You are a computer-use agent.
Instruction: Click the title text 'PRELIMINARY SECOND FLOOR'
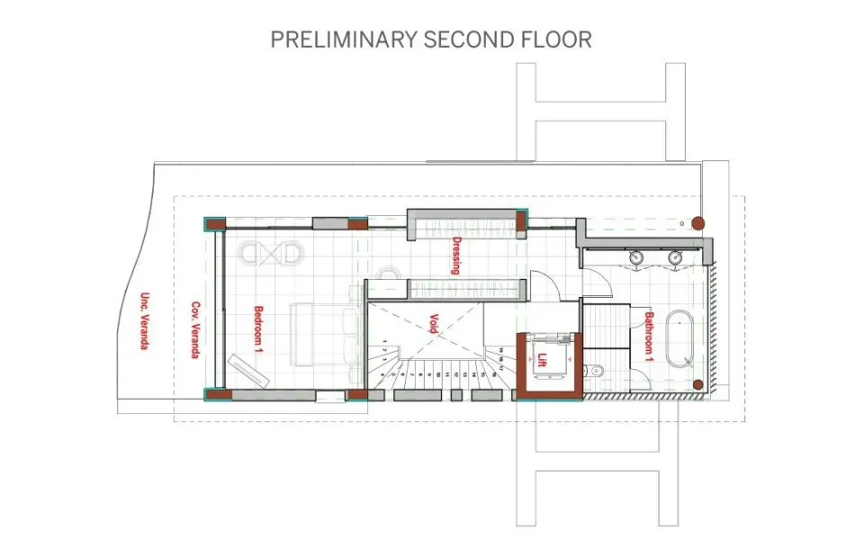point(431,40)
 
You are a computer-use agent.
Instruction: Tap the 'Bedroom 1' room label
point(258,329)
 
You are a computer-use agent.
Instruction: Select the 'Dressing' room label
point(457,255)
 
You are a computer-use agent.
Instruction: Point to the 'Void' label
point(433,323)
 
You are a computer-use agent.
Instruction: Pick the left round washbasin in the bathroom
point(637,257)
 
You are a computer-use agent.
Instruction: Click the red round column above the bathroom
point(698,221)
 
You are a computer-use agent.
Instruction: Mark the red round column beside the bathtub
point(698,385)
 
